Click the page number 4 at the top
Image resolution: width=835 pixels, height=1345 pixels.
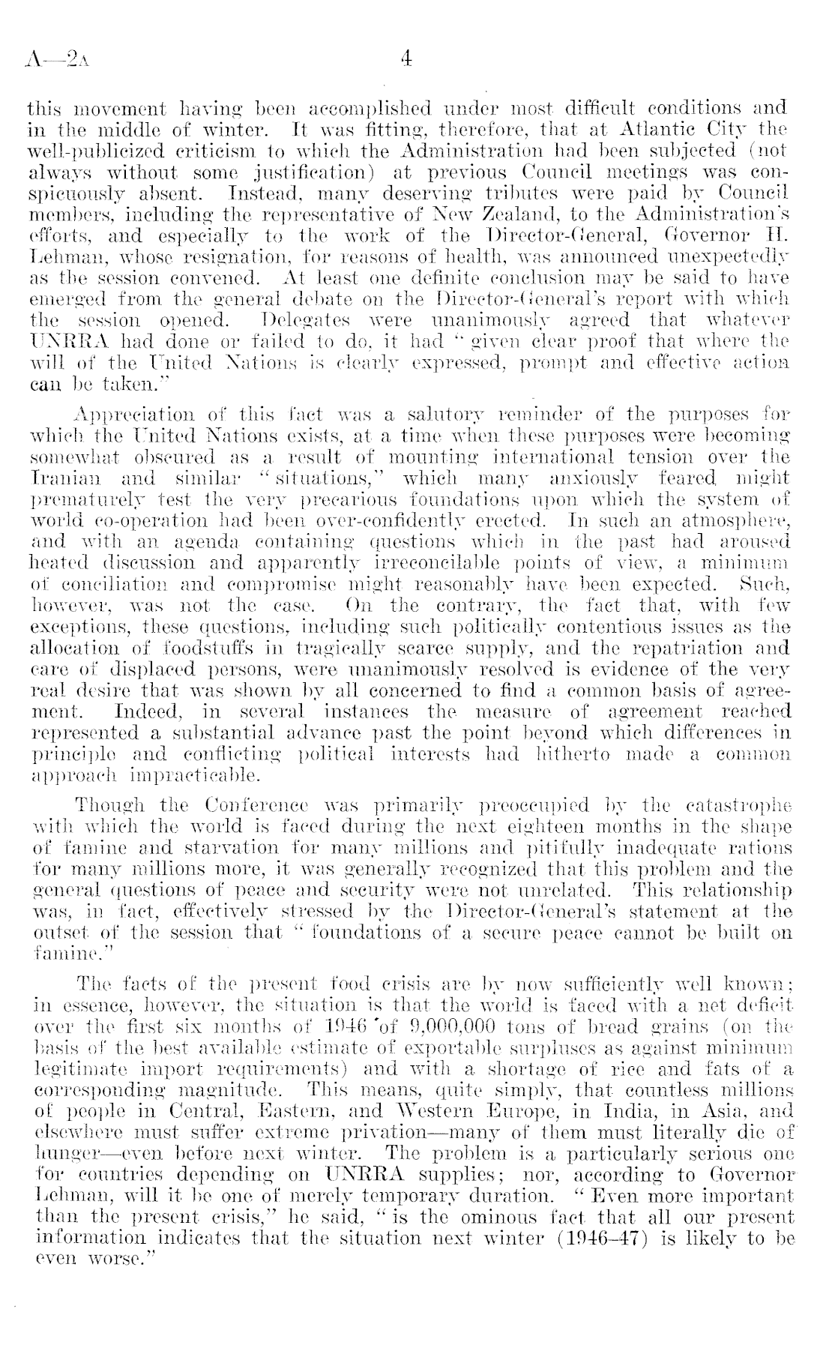[407, 58]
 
